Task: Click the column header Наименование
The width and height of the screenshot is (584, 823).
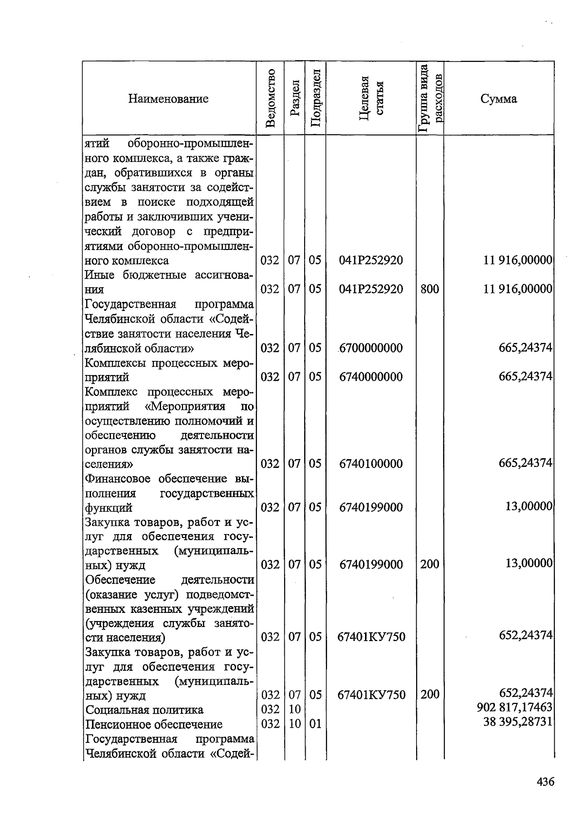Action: (x=168, y=99)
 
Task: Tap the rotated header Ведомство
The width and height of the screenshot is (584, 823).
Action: (x=271, y=98)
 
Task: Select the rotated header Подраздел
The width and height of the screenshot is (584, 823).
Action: (x=315, y=98)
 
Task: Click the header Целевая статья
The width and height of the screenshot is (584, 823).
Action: (x=371, y=98)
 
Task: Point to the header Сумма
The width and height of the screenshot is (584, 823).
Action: (x=499, y=99)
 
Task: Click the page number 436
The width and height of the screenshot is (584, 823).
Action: (x=545, y=782)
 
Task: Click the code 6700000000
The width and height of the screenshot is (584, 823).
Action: (x=371, y=348)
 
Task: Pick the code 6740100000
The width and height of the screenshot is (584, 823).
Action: (x=371, y=464)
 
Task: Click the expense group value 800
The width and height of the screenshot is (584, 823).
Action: (x=430, y=289)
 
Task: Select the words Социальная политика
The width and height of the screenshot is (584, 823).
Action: (x=144, y=710)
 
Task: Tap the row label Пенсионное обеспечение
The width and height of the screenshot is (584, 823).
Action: (x=154, y=724)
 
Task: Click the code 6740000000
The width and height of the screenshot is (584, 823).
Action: (x=371, y=377)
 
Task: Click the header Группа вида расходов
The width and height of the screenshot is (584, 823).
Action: (x=430, y=98)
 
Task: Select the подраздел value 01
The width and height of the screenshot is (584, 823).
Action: (x=315, y=724)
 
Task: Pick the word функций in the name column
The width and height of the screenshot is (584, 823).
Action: (x=109, y=508)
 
